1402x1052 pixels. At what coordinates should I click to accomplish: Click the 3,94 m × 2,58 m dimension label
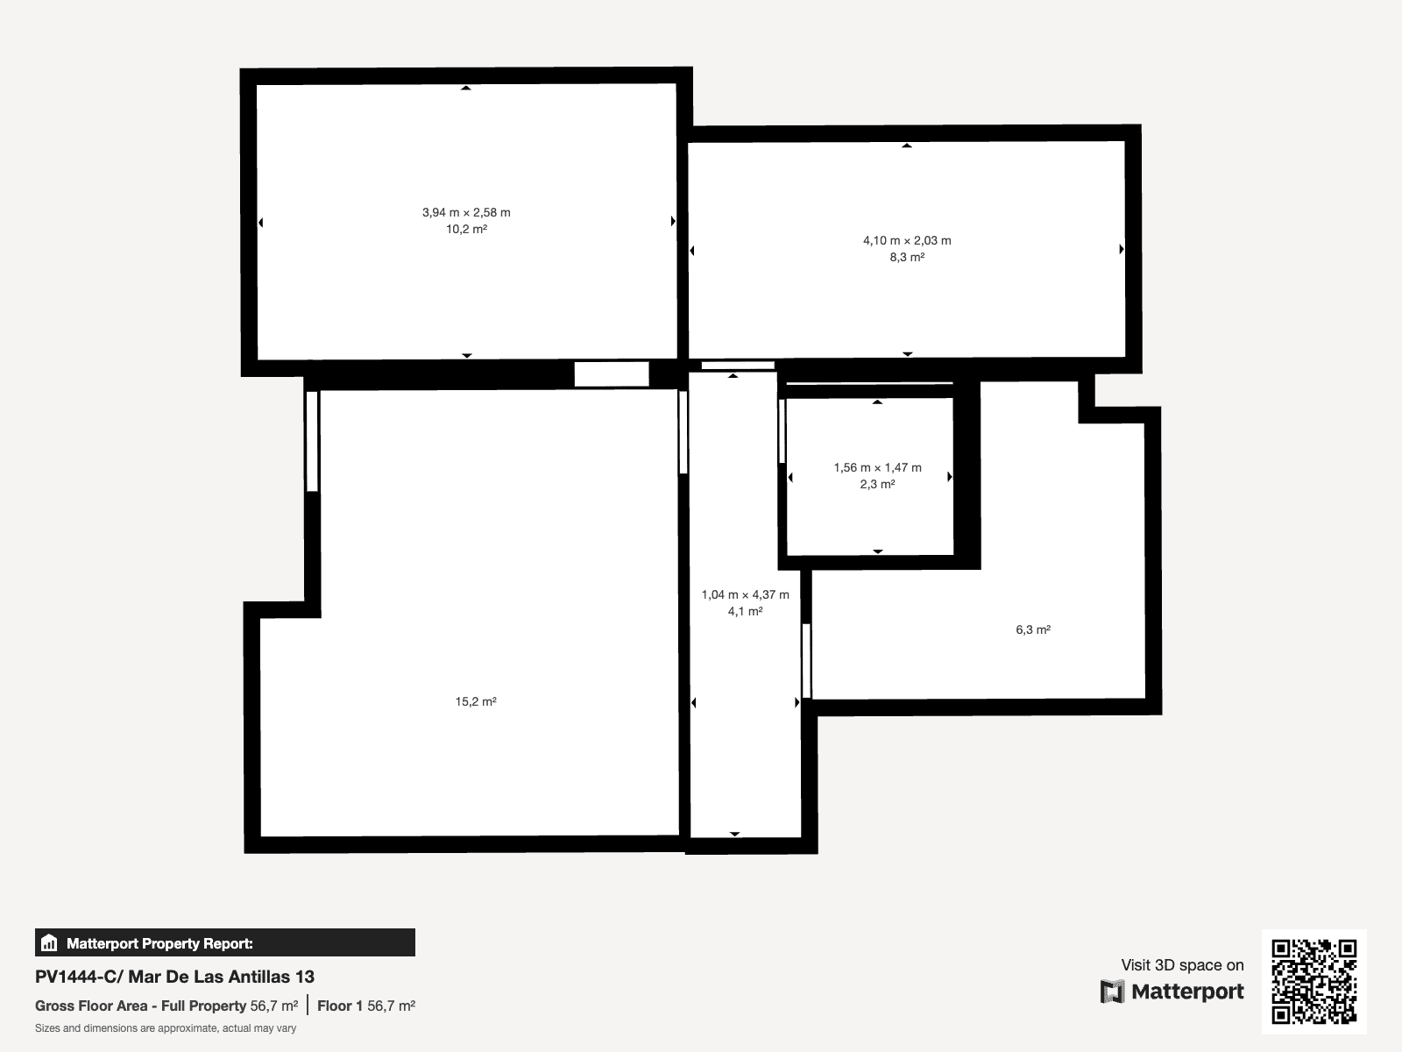[466, 213]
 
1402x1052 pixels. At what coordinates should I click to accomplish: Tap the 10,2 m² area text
[466, 229]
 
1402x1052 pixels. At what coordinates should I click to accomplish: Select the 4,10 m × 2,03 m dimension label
[907, 241]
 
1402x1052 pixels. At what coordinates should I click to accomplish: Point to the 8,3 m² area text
[907, 257]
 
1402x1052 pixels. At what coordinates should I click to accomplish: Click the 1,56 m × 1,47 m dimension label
[878, 467]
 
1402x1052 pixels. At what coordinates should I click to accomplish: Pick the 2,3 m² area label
[878, 484]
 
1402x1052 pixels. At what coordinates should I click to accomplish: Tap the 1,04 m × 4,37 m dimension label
[746, 594]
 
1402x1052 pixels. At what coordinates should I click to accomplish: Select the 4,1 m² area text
[746, 611]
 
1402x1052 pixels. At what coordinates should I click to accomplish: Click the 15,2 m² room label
[476, 701]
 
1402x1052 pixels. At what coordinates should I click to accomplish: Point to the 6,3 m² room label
[1033, 629]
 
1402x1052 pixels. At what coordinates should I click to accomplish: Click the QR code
[1313, 981]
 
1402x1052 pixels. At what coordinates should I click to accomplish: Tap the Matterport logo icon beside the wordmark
[1112, 992]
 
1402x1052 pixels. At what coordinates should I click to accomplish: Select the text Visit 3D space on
[1182, 965]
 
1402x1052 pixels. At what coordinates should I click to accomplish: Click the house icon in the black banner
[49, 942]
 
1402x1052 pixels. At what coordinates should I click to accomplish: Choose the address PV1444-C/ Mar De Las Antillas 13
[174, 977]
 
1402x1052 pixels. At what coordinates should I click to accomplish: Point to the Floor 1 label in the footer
[340, 1006]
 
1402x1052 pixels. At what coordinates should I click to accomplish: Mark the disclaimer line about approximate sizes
[166, 1028]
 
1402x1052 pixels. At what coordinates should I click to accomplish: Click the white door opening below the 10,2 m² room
[612, 374]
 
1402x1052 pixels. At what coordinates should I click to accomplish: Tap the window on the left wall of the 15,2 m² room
[312, 441]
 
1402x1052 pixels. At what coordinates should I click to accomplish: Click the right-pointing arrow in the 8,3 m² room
[1122, 249]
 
